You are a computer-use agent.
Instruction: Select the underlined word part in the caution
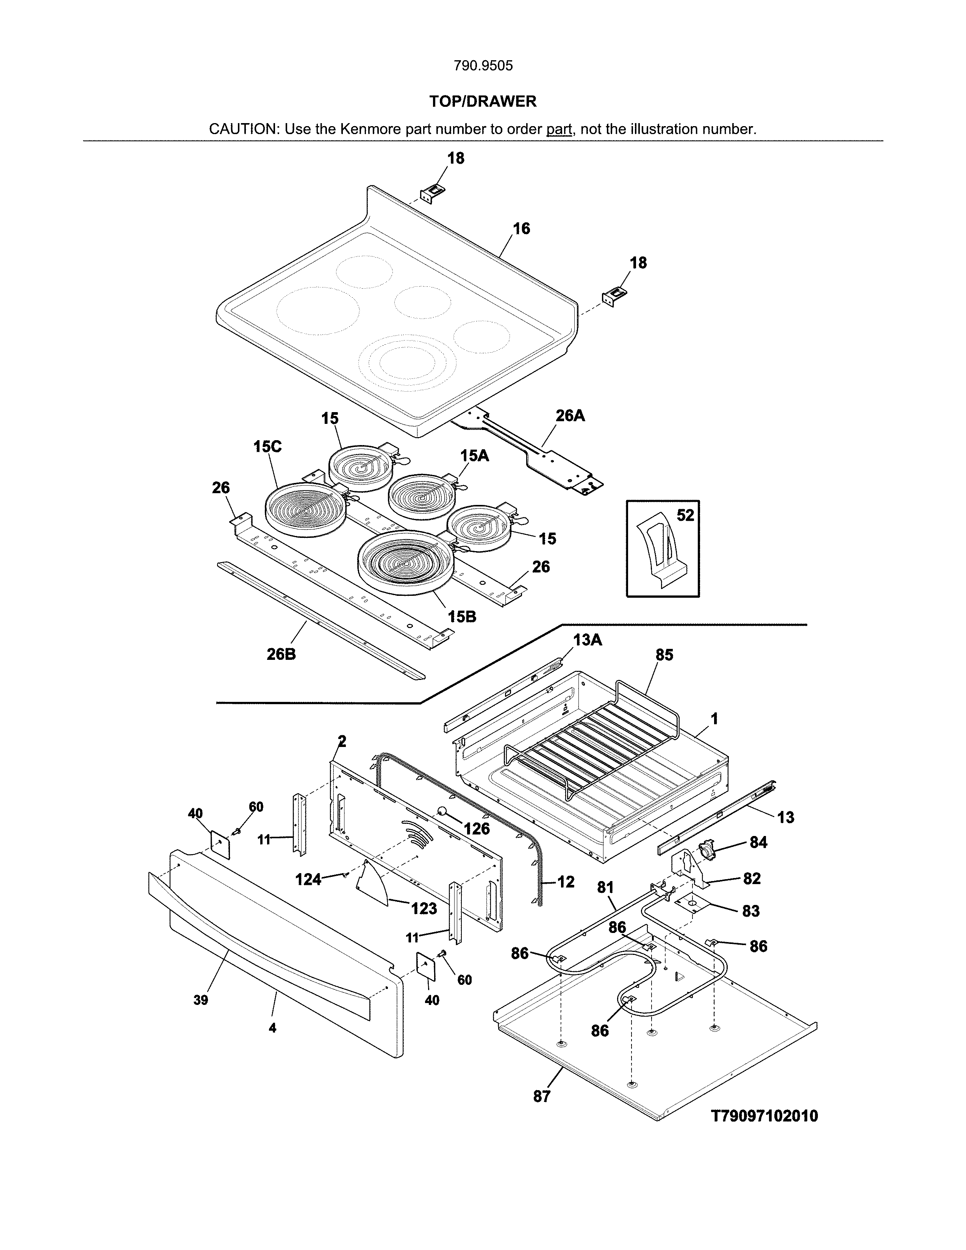[559, 129]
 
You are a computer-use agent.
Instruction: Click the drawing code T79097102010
[764, 1116]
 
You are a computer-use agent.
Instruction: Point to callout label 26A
[570, 416]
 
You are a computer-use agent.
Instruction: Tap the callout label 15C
[267, 447]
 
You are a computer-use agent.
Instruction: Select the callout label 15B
[462, 616]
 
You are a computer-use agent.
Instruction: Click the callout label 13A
[587, 640]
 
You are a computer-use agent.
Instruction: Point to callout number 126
[477, 829]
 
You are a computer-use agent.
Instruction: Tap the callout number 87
[541, 1096]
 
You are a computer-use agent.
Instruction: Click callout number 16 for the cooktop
[521, 229]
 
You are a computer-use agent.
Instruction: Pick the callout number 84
[758, 842]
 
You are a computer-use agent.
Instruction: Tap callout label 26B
[281, 654]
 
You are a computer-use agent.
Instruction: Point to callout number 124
[308, 880]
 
